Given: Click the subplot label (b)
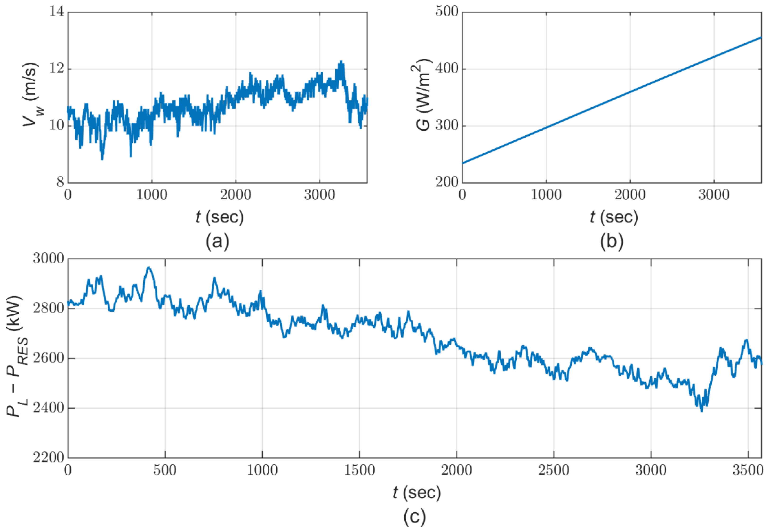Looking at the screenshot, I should click(611, 241).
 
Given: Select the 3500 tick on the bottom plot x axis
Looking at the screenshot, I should click(747, 470).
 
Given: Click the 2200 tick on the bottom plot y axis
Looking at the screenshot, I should click(48, 458).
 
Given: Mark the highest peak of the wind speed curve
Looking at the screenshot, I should click(341, 61).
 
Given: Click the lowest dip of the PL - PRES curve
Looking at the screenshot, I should click(702, 411).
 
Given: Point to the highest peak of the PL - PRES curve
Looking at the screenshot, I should click(149, 267).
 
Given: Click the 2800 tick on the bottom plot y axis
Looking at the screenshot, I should click(48, 308).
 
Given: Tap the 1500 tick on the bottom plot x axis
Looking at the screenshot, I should click(359, 470).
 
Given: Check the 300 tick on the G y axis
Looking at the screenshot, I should click(447, 126).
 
